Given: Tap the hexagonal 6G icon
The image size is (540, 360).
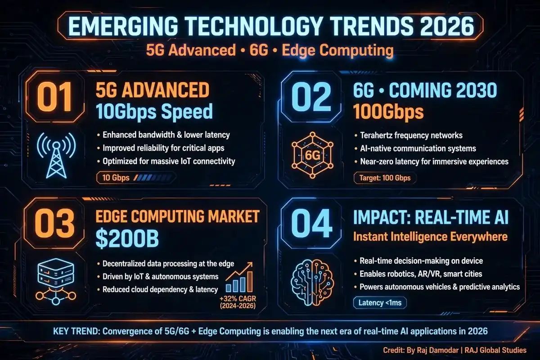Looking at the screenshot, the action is tap(312, 155).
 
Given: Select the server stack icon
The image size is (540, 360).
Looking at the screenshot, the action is tap(56, 282).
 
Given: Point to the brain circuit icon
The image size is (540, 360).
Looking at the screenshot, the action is tap(312, 282).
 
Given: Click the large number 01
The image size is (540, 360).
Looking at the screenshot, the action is tap(54, 97).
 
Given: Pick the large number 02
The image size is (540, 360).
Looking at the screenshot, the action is tap(311, 97).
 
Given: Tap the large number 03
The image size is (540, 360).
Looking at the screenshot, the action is tap(54, 224).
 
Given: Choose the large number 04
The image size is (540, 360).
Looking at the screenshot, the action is tap(311, 224).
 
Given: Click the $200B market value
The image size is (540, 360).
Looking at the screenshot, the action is tap(127, 238).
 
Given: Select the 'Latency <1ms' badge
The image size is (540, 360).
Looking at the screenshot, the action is tap(380, 302).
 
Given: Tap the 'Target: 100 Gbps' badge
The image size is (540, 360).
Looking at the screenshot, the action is tap(385, 178).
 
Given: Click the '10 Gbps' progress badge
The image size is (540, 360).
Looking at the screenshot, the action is tap(136, 178).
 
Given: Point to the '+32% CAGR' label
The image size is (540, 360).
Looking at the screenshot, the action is tap(238, 299).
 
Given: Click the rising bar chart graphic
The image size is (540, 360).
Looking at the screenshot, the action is tap(239, 277).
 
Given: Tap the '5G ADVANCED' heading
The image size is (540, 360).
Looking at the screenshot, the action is tap(153, 90).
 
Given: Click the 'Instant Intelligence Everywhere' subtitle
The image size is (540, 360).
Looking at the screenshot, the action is tap(431, 237).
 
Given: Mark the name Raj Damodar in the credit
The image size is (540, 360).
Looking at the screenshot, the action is tap(437, 350).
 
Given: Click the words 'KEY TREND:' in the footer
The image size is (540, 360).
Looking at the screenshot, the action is tap(76, 331).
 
